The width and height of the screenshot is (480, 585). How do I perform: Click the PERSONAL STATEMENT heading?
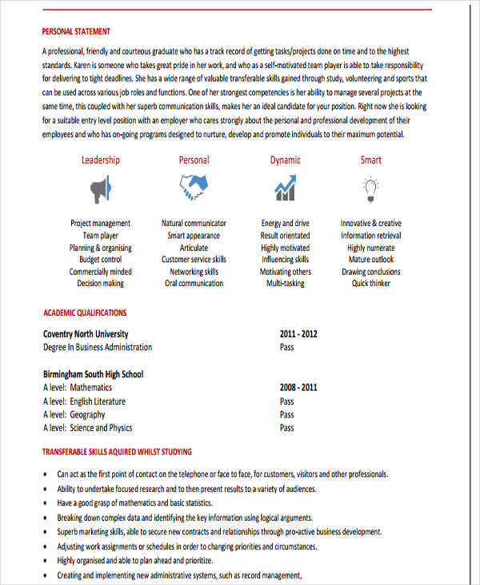76,32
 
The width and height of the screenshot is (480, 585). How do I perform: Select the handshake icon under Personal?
193,189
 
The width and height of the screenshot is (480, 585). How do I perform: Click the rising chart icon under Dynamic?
285,189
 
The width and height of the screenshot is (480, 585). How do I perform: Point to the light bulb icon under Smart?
370,188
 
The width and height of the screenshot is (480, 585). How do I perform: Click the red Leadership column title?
100,160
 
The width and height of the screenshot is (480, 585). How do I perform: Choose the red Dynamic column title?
285,160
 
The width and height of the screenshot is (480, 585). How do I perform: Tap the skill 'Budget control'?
100,260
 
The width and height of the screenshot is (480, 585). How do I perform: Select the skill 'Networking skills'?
194,272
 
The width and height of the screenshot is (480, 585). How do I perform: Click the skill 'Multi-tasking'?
285,284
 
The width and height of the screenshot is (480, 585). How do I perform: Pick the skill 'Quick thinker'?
370,284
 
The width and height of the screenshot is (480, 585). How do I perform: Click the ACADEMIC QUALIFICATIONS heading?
84,313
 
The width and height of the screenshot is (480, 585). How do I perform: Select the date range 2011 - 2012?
298,334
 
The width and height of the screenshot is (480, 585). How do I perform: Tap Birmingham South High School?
93,374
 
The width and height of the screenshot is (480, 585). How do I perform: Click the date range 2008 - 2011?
298,388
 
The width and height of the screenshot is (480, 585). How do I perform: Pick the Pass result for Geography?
286,415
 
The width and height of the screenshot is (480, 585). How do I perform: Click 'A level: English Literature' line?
84,401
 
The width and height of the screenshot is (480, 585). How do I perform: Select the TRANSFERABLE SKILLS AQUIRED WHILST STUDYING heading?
117,452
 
